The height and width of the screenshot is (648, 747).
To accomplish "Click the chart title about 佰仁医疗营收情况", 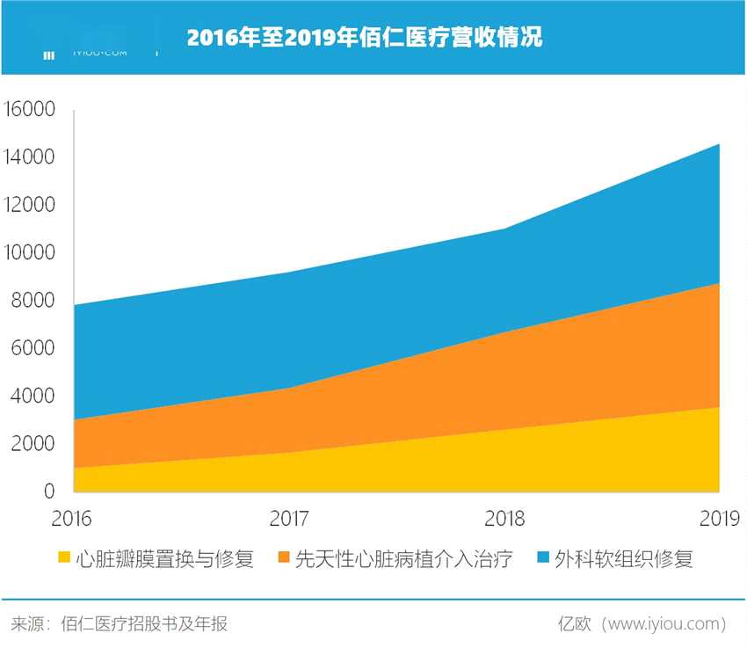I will (364, 38).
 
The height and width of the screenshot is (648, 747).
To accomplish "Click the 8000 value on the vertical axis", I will (34, 301).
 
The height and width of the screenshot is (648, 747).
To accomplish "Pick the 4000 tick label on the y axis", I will (34, 397).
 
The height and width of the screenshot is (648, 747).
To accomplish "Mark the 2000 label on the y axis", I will (34, 444).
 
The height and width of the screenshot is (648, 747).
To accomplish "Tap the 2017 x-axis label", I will (289, 518).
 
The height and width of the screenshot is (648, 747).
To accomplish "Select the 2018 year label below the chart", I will (504, 518).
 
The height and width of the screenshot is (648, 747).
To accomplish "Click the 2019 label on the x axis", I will (720, 518).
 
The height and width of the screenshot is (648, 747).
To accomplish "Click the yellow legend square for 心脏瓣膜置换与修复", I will (63, 557).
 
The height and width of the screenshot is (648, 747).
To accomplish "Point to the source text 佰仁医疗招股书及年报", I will (144, 624).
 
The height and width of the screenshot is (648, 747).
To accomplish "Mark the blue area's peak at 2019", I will (719, 145).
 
